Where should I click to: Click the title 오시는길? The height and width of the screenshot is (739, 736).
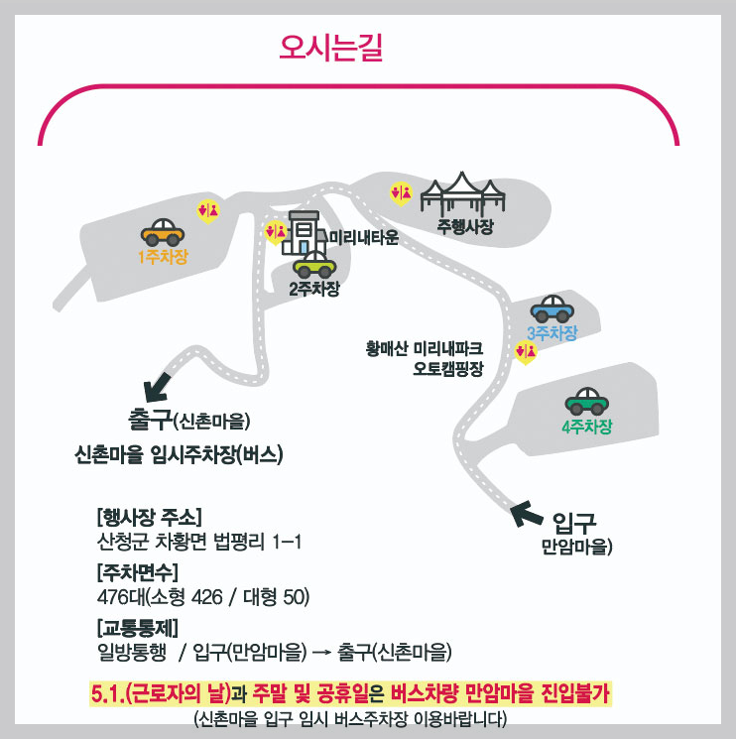tap(331, 48)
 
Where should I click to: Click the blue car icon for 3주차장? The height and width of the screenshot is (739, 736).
tap(552, 308)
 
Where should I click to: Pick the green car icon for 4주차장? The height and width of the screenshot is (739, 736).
tap(586, 401)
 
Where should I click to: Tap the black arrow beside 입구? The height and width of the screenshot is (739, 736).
tap(526, 514)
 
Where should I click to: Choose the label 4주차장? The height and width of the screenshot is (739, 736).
tap(586, 428)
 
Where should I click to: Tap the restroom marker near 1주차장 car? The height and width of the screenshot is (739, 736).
tap(208, 210)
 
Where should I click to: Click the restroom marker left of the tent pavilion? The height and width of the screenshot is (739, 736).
tap(401, 193)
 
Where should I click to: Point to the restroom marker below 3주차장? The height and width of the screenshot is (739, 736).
tap(526, 351)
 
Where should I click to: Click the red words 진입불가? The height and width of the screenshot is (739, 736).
tap(574, 691)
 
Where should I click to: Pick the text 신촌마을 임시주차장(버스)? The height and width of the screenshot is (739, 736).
tap(180, 455)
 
